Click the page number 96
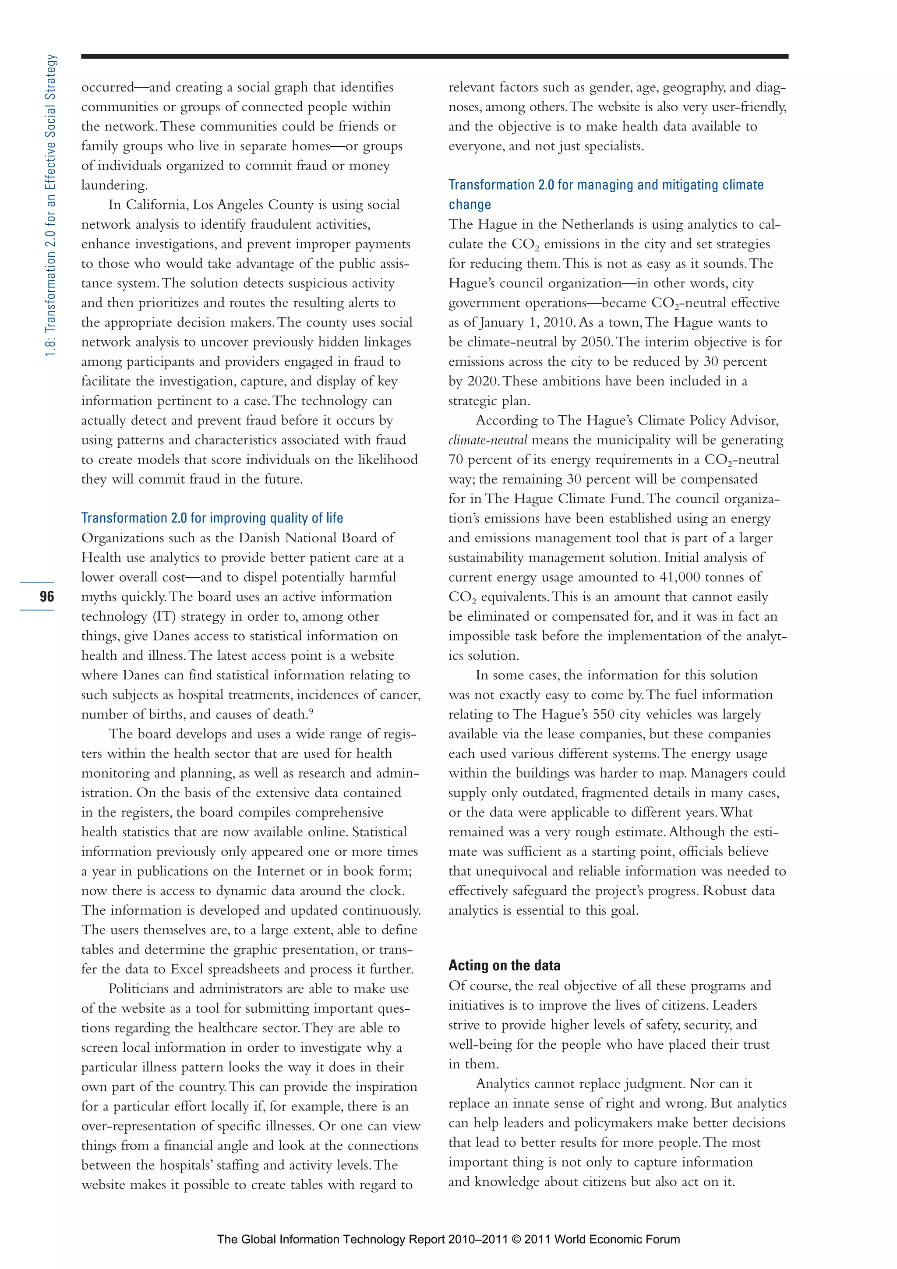[47, 596]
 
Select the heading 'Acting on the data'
[504, 965]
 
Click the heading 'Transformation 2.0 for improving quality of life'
[212, 518]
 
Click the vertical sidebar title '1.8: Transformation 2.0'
[51, 205]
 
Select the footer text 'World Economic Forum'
[617, 1239]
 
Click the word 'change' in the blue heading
[469, 205]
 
